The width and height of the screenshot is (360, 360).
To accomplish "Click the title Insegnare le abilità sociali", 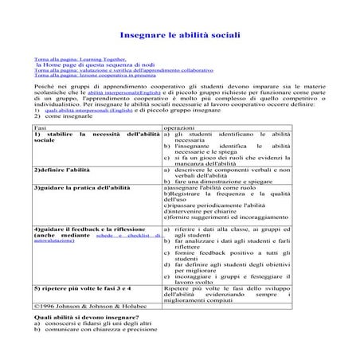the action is [179, 37].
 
